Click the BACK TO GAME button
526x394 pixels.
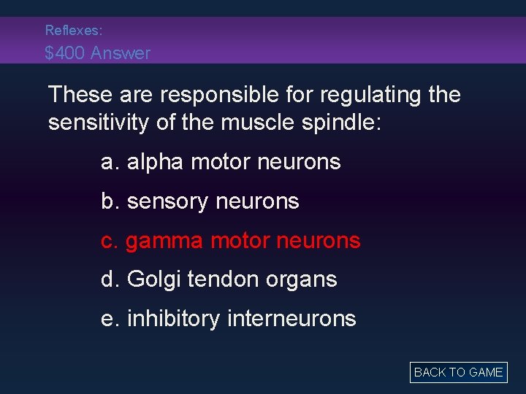click(x=458, y=372)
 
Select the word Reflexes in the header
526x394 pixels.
click(x=74, y=31)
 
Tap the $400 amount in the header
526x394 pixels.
click(x=65, y=53)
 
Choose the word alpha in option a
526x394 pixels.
click(x=156, y=161)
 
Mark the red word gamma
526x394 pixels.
click(x=165, y=241)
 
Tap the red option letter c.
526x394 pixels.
click(x=110, y=241)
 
